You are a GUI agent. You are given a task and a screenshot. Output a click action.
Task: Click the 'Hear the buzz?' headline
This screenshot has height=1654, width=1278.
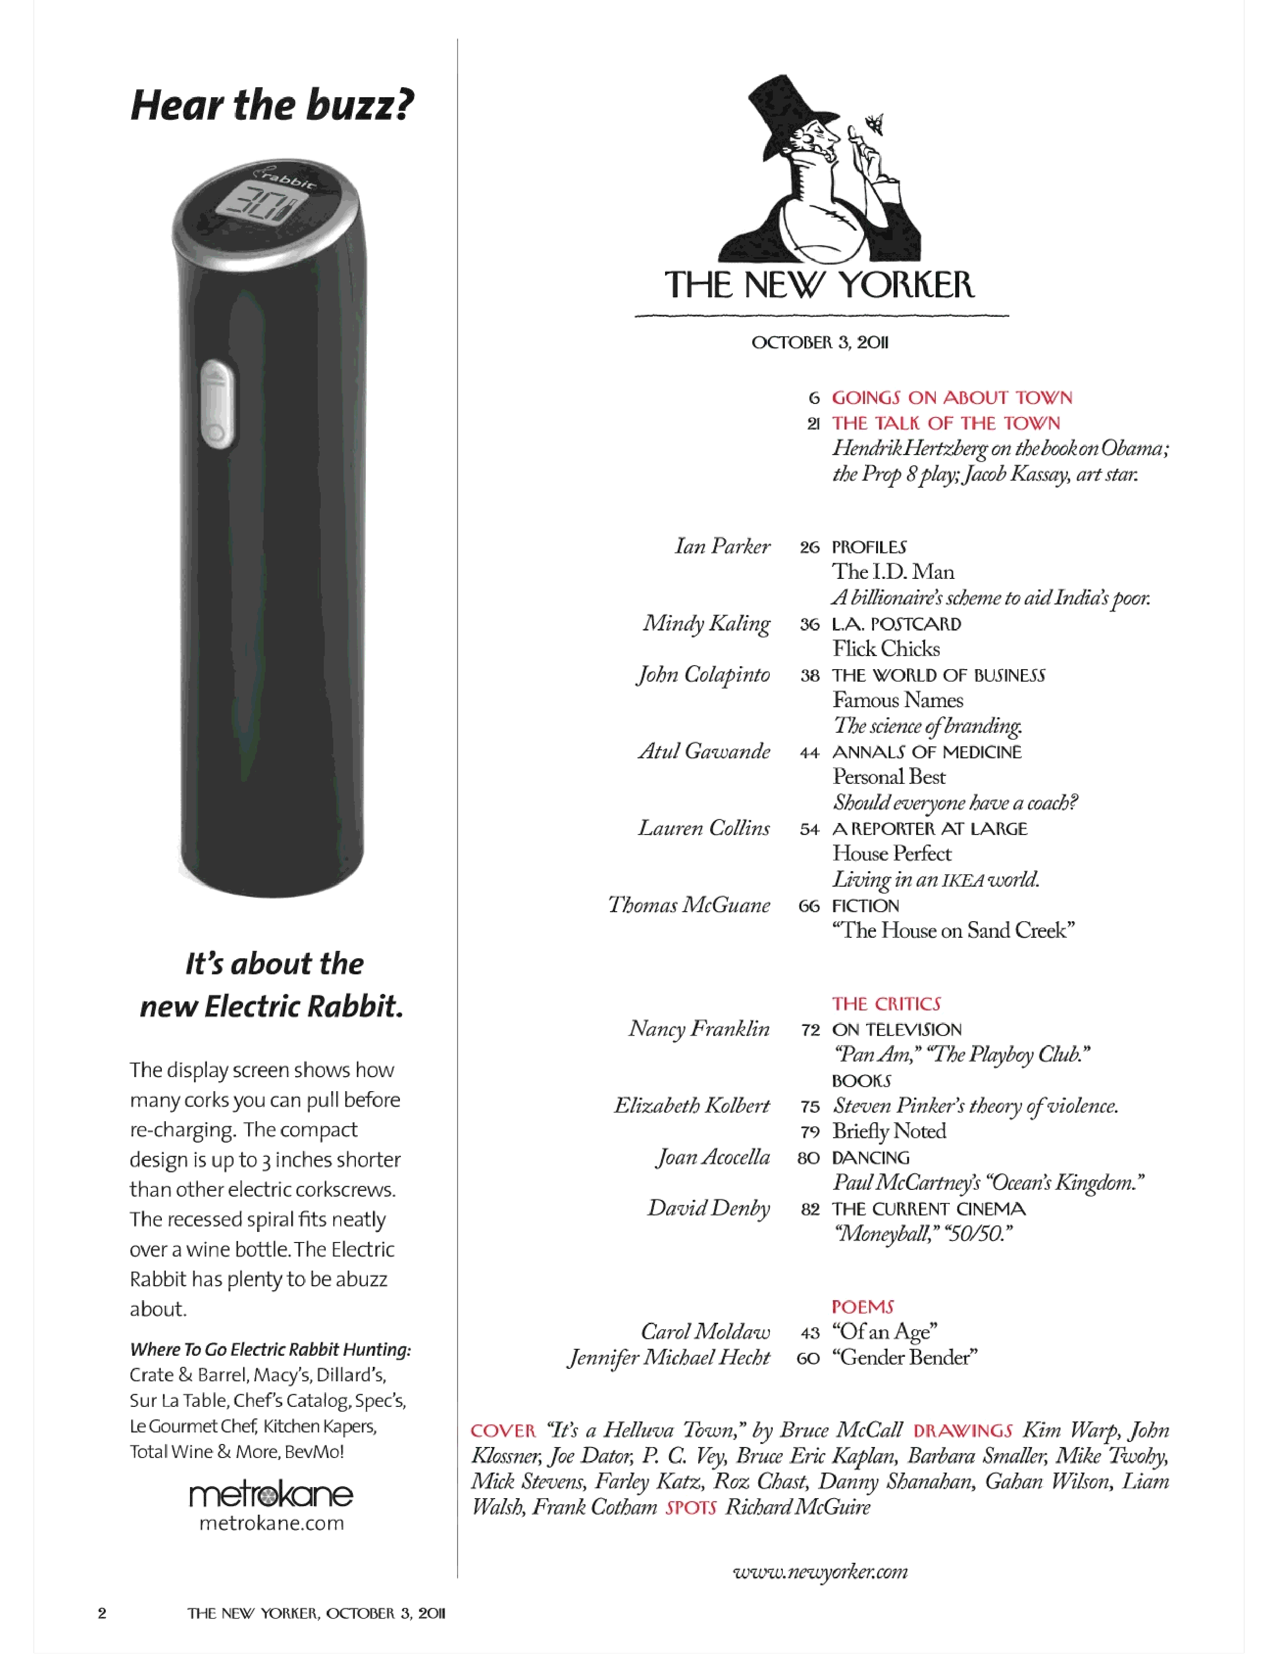click(x=273, y=105)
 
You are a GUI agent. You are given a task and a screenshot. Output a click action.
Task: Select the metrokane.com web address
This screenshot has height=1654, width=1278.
click(x=271, y=1523)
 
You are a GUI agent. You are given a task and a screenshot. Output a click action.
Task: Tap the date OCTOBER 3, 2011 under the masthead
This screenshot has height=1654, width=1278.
click(x=820, y=342)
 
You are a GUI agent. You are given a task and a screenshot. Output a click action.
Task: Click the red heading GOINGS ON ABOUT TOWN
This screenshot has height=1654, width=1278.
click(x=952, y=397)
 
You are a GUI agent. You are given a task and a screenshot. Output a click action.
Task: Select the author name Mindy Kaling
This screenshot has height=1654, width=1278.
click(x=706, y=624)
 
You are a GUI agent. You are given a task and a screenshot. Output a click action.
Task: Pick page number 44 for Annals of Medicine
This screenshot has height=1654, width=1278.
click(x=809, y=752)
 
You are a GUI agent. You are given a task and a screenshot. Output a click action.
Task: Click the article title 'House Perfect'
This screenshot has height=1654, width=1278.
click(x=892, y=854)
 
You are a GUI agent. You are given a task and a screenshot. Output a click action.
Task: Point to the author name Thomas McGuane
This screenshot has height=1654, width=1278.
click(x=689, y=905)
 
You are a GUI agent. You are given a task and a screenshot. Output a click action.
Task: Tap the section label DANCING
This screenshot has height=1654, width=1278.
click(x=871, y=1157)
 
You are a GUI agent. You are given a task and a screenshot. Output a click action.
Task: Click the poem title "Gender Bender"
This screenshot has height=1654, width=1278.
click(x=905, y=1357)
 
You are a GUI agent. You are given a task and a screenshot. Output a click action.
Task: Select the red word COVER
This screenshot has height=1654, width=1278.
click(x=503, y=1430)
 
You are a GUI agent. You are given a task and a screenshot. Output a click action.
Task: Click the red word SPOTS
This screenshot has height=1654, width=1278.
click(x=691, y=1507)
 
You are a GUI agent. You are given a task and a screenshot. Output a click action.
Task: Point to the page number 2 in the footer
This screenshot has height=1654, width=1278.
click(x=102, y=1612)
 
